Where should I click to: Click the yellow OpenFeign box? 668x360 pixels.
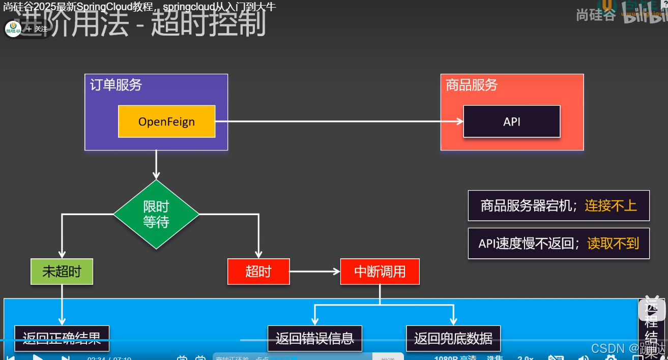[166, 122]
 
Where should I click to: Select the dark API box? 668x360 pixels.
[511, 122]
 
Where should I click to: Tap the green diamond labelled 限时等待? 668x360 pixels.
[156, 214]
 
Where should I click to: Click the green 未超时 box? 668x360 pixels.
[62, 272]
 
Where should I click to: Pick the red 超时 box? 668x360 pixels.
[258, 272]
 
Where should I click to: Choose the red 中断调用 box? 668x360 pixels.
[380, 272]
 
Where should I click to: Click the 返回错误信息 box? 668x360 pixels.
[314, 338]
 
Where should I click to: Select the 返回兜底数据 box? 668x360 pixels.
[453, 338]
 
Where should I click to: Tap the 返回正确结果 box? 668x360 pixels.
[62, 338]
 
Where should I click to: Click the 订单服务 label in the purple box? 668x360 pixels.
[116, 85]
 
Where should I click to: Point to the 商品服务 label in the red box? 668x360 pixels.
[472, 85]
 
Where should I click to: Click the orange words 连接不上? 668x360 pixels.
[611, 205]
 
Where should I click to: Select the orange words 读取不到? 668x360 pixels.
[613, 244]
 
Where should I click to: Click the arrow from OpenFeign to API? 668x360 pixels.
[339, 122]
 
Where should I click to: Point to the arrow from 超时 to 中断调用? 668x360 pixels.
[314, 272]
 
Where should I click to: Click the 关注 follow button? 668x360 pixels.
[38, 29]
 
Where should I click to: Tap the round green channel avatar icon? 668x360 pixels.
[13, 29]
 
